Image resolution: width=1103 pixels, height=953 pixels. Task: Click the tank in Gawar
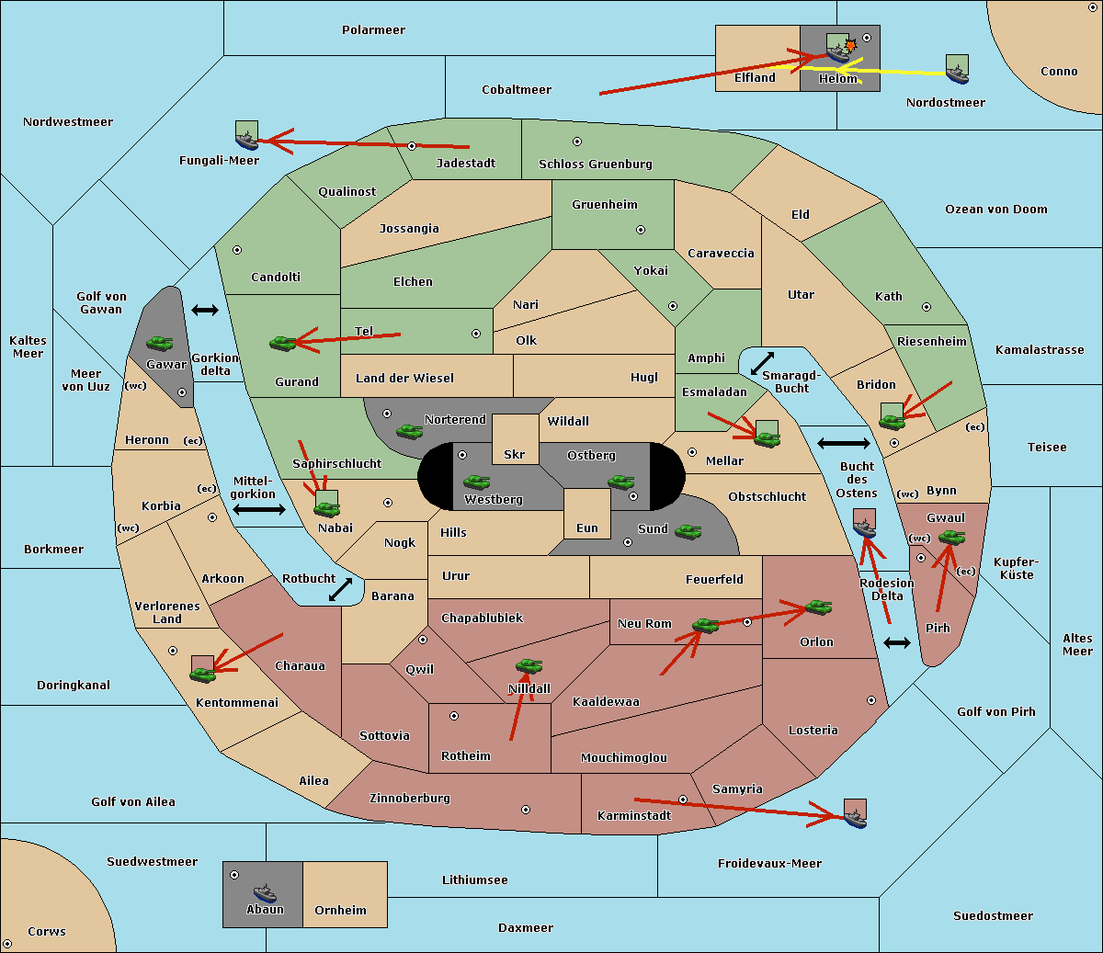[x=160, y=343]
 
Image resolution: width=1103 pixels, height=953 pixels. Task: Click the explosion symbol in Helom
[x=850, y=45]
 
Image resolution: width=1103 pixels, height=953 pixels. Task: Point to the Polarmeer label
[x=373, y=30]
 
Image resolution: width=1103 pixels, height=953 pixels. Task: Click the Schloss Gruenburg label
[x=596, y=164]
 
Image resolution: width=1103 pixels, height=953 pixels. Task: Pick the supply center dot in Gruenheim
[x=641, y=230]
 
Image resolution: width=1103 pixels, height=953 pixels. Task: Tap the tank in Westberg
[x=476, y=482]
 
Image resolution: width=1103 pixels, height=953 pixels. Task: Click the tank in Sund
[x=688, y=531]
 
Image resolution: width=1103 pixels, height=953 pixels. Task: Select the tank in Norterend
[x=409, y=431]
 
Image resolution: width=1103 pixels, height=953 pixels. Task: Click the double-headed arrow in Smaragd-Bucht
[x=762, y=363]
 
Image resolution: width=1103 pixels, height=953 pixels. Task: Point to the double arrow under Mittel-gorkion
[x=259, y=509]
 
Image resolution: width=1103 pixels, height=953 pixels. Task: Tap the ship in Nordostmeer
[x=958, y=74]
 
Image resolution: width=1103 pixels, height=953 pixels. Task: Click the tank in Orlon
[x=819, y=607]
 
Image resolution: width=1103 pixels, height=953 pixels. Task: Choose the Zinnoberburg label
[x=410, y=798]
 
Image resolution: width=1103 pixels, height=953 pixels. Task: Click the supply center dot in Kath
[x=927, y=307]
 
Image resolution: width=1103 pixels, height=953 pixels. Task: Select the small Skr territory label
[x=515, y=454]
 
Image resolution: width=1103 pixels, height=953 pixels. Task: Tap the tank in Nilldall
[x=529, y=666]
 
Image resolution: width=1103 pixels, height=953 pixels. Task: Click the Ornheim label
[x=340, y=910]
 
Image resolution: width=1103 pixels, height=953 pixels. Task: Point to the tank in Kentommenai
[x=203, y=675]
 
